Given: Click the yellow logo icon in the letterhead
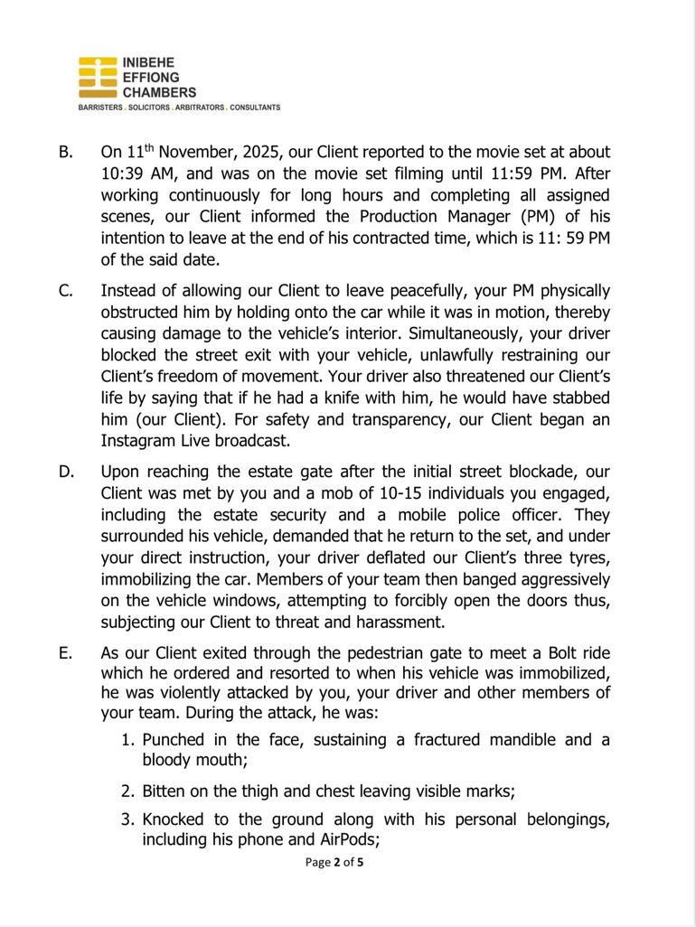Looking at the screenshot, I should click(x=98, y=78).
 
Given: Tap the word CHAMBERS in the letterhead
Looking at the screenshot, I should click(x=159, y=92).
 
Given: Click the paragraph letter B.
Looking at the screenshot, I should click(x=65, y=153).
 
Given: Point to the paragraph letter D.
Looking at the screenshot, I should click(x=66, y=473).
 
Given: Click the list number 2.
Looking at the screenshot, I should click(x=130, y=791).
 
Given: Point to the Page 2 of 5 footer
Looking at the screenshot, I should click(x=334, y=862).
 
